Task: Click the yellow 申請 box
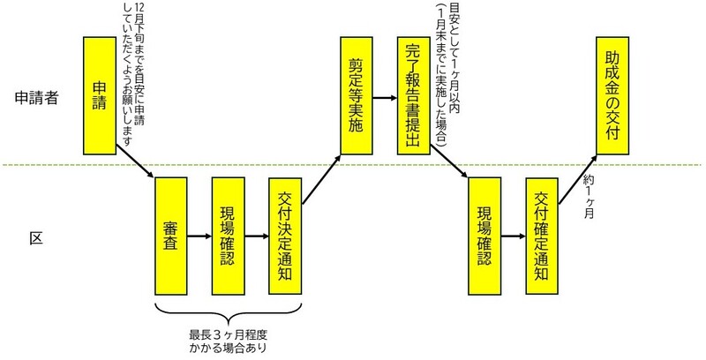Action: click(x=101, y=94)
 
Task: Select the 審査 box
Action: click(x=173, y=236)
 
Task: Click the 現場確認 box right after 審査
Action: click(x=229, y=236)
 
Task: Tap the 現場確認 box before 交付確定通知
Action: click(x=485, y=236)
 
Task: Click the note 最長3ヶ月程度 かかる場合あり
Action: click(x=229, y=340)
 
